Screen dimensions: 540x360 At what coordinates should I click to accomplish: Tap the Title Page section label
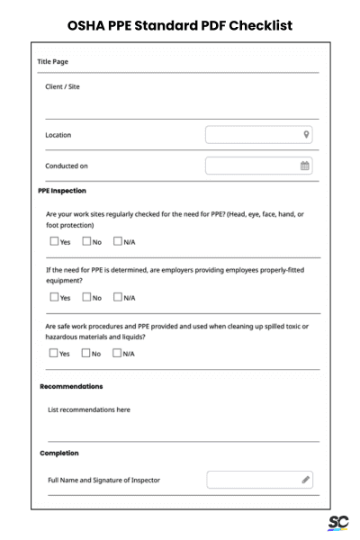(53, 62)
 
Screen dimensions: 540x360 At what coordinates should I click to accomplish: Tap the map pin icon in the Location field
(307, 135)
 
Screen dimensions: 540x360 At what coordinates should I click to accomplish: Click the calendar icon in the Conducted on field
(305, 166)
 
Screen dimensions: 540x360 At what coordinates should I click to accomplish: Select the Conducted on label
(67, 166)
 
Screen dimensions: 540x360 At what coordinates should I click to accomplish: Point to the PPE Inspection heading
(62, 191)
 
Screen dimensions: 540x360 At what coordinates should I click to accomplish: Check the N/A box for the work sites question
(118, 241)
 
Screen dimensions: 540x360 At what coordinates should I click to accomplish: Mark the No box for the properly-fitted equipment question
(86, 297)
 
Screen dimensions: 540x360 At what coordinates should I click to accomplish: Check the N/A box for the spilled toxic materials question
(118, 353)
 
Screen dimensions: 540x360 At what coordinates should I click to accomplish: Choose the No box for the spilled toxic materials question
(86, 353)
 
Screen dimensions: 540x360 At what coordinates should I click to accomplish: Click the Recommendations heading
(71, 386)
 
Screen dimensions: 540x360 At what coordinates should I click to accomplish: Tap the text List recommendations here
(88, 409)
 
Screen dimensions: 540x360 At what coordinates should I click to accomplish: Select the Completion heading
(59, 453)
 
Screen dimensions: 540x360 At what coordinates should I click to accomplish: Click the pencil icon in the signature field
(306, 480)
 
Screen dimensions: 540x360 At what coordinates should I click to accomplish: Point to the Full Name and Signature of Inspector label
(103, 480)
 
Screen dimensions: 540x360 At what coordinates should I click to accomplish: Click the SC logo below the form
(338, 523)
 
